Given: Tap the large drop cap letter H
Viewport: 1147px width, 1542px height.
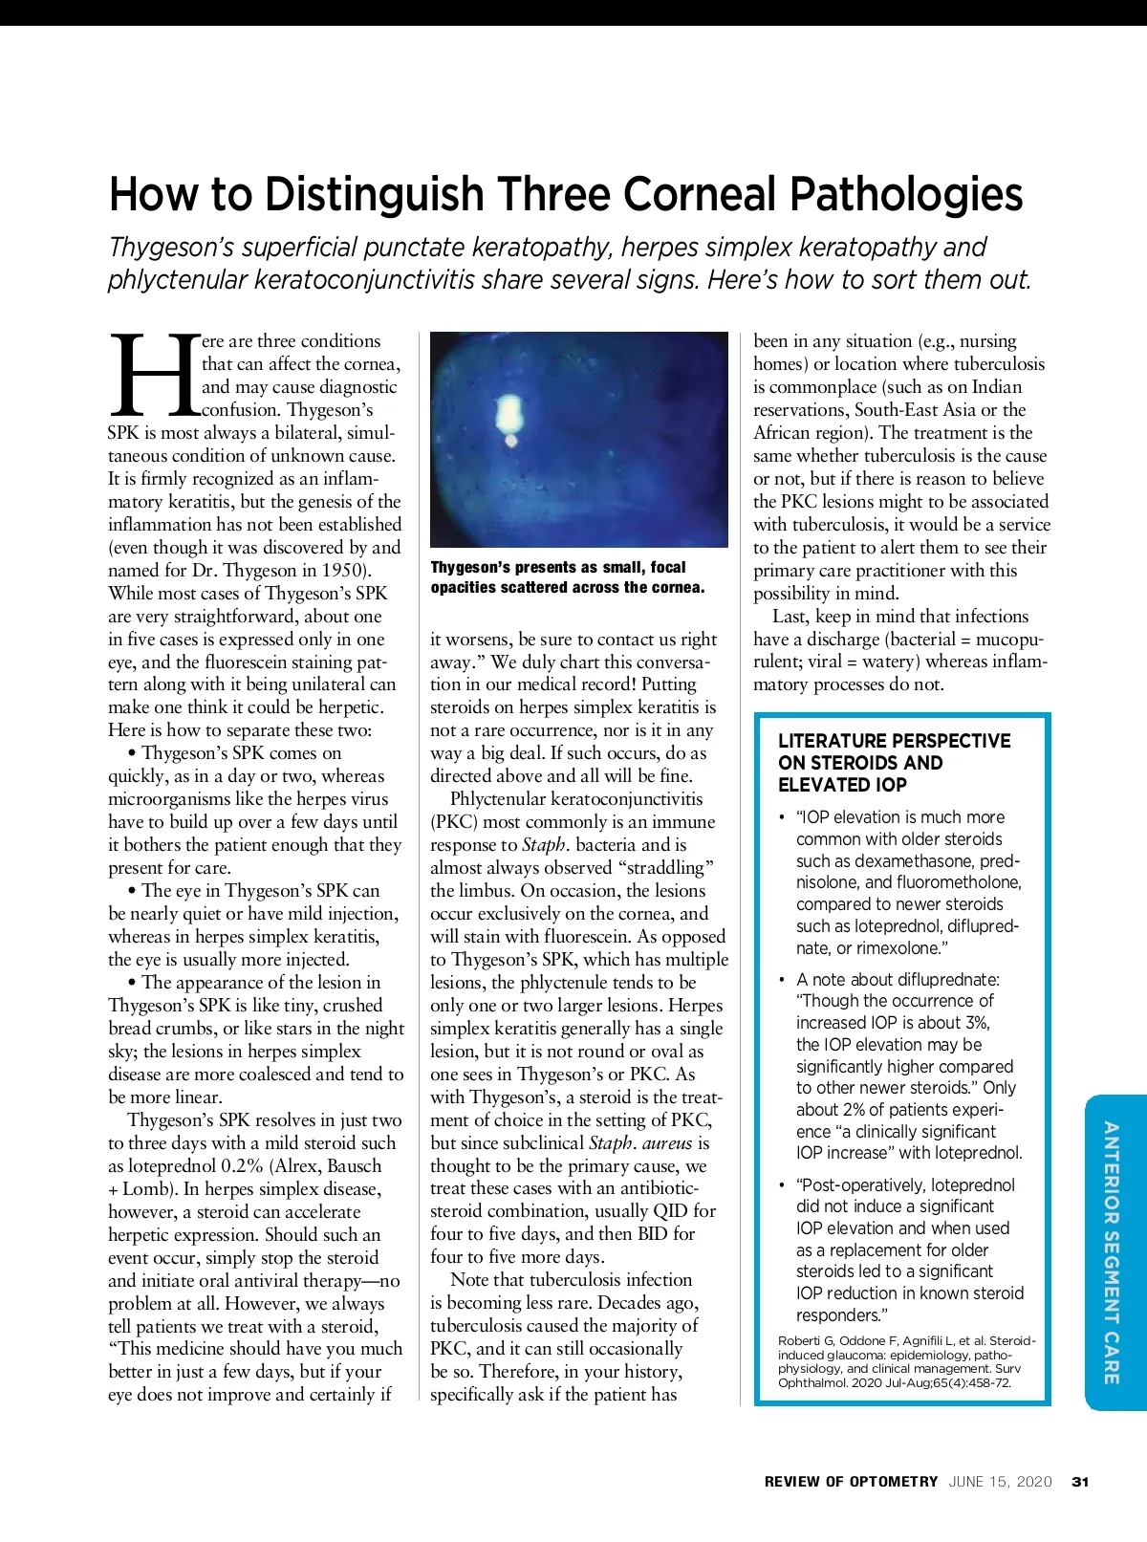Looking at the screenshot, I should (153, 375).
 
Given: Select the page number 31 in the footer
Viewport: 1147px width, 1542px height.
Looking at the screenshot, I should (1080, 1482).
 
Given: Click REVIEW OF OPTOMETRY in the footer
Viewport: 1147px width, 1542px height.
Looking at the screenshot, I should (851, 1482).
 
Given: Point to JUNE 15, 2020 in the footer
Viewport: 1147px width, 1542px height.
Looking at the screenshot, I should (1000, 1482).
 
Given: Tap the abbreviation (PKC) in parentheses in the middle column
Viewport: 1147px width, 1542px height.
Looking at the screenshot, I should (453, 822).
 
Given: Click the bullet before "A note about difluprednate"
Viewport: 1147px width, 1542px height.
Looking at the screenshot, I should (782, 980).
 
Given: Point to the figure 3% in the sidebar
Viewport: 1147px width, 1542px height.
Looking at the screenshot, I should (975, 1023).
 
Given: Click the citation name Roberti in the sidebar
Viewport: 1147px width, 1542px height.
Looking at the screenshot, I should (801, 1341).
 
